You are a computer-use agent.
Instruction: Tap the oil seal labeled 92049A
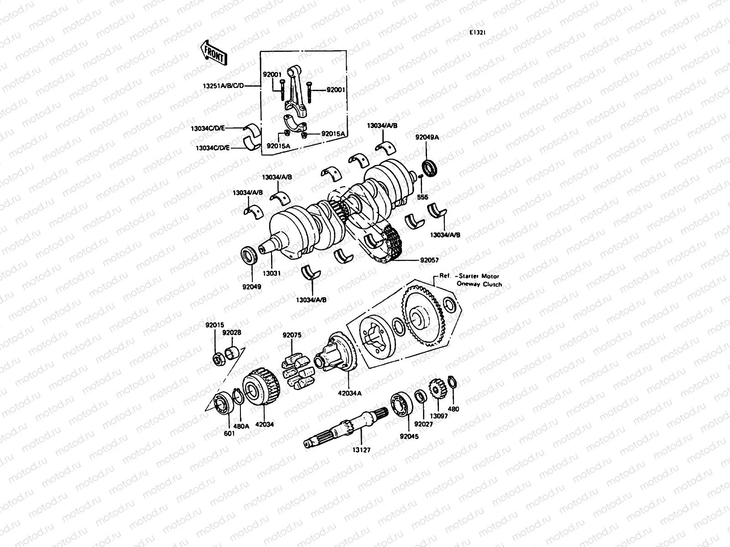pyautogui.click(x=429, y=168)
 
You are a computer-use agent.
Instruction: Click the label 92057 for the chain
pyautogui.click(x=429, y=261)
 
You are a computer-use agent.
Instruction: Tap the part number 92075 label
pyautogui.click(x=292, y=335)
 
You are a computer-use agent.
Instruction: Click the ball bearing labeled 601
pyautogui.click(x=224, y=402)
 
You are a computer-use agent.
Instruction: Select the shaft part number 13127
pyautogui.click(x=361, y=449)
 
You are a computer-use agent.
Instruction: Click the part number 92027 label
pyautogui.click(x=423, y=423)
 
